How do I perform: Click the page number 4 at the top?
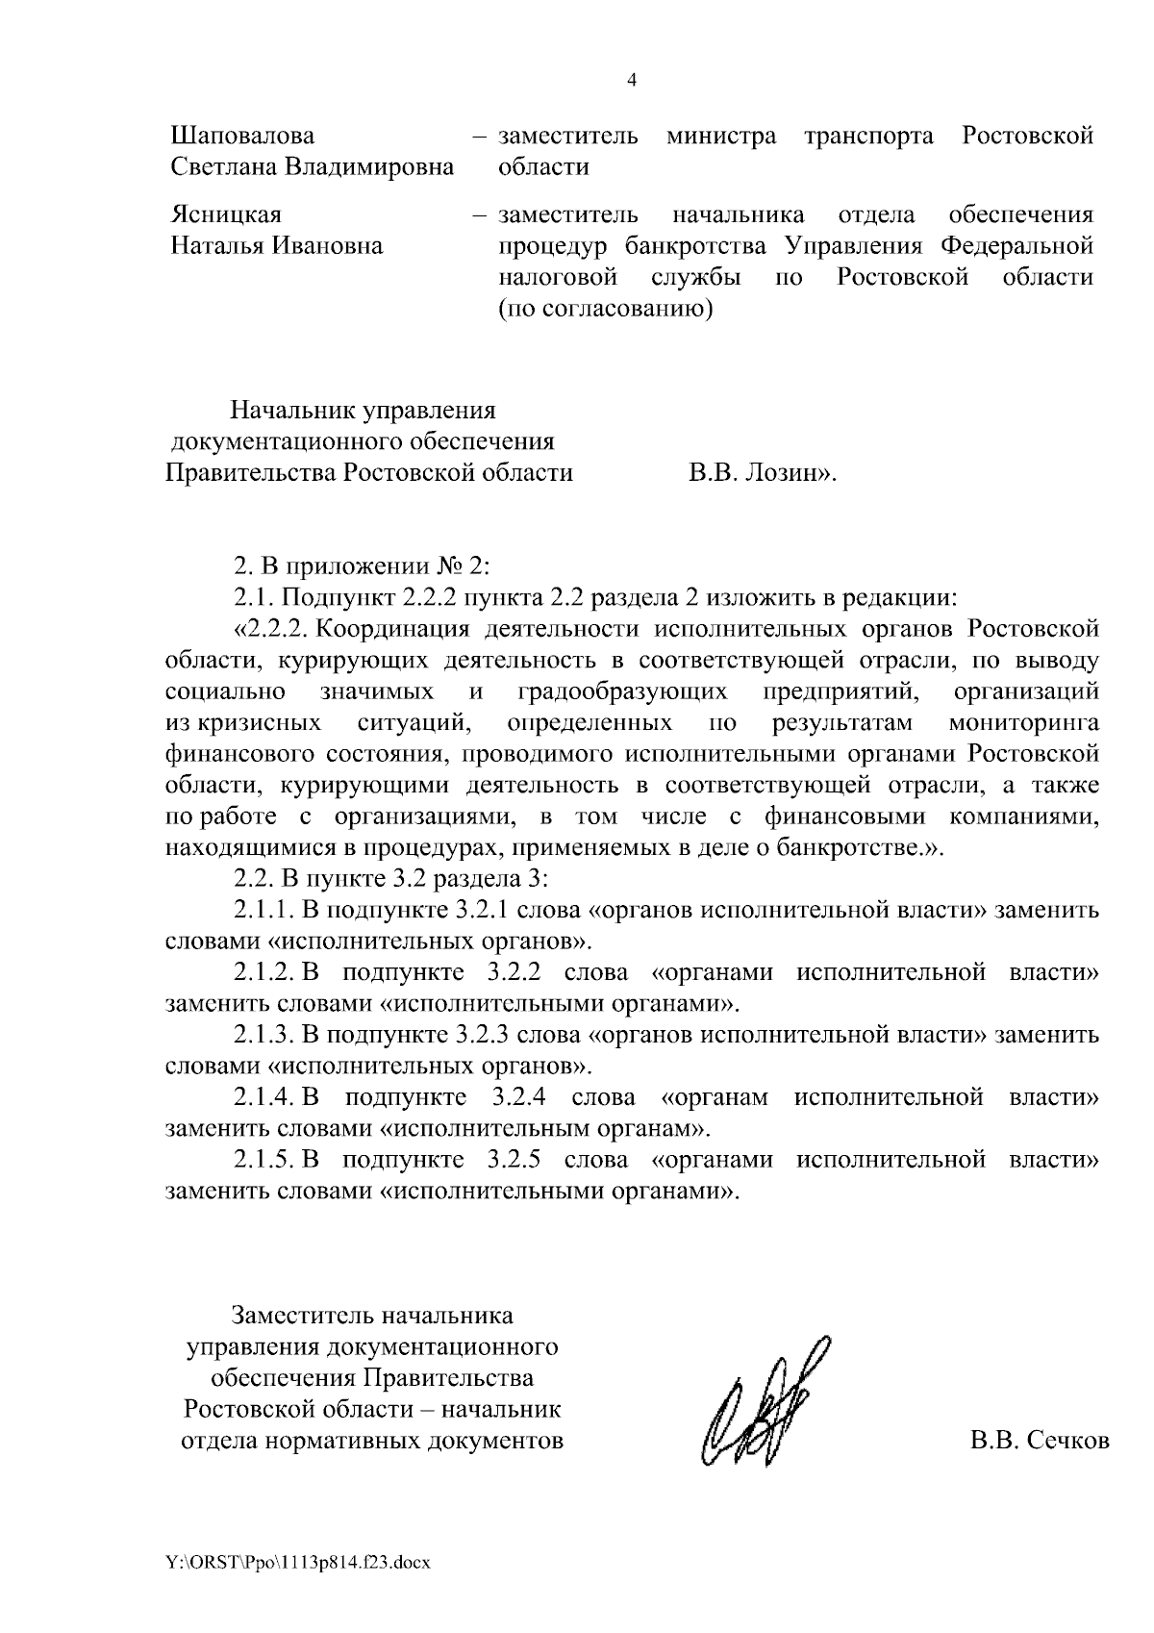click(x=631, y=81)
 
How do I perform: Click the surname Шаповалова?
click(x=242, y=136)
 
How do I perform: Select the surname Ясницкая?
click(x=226, y=214)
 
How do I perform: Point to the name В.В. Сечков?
click(x=1039, y=1441)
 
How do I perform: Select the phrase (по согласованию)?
click(x=605, y=309)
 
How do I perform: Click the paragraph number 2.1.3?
click(x=263, y=1035)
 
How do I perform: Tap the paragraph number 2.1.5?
click(x=263, y=1160)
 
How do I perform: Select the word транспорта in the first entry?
click(x=868, y=136)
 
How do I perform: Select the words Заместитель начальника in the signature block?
click(x=371, y=1315)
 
